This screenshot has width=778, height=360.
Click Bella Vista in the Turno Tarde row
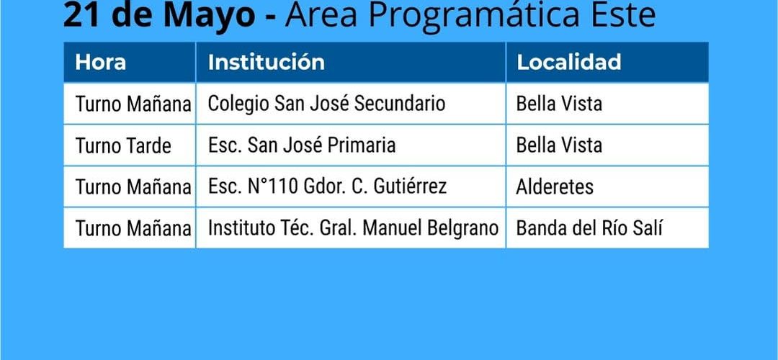tap(559, 145)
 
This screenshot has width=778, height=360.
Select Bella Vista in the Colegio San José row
tap(559, 104)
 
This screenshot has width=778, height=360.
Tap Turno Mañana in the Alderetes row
tap(133, 187)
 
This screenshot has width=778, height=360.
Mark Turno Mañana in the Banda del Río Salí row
tap(133, 228)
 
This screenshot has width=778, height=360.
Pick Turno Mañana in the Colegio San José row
tap(133, 104)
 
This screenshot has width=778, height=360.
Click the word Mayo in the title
tap(209, 16)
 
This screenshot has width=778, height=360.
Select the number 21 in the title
tap(81, 15)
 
